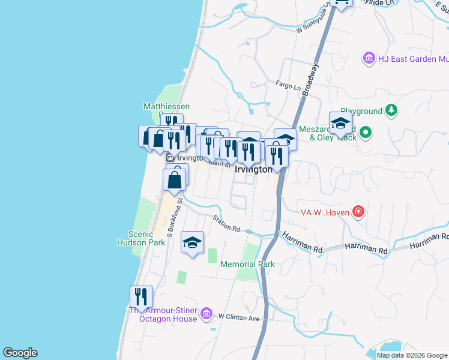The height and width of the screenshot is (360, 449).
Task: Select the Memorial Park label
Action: point(247,264)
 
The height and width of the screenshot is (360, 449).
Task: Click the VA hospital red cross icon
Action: point(358,211)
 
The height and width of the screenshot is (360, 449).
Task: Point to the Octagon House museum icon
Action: point(206,313)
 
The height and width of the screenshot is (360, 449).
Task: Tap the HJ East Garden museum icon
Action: point(369,58)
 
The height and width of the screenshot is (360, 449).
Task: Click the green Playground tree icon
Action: point(391,110)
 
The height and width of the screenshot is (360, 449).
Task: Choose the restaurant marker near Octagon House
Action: point(141,297)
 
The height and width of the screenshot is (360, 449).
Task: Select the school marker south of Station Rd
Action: point(192,242)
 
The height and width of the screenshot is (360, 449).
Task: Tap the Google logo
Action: point(20,353)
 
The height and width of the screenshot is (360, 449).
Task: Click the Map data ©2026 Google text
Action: point(411,355)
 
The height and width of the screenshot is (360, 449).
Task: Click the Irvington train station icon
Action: point(170,158)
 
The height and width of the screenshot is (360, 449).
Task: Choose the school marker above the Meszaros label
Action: point(340,124)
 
